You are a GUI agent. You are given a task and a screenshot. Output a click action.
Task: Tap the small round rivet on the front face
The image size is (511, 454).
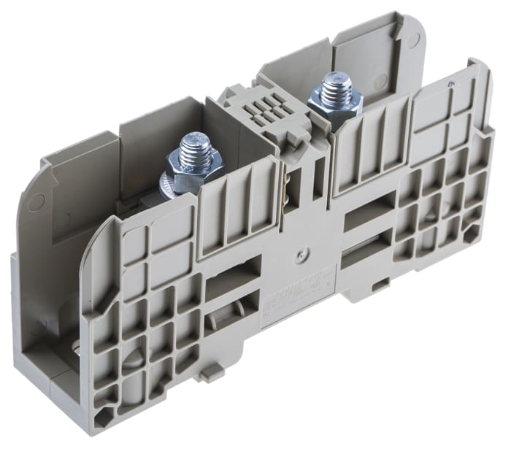[300, 256]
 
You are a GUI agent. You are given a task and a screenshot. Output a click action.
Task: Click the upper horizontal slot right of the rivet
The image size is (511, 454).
[369, 212]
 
